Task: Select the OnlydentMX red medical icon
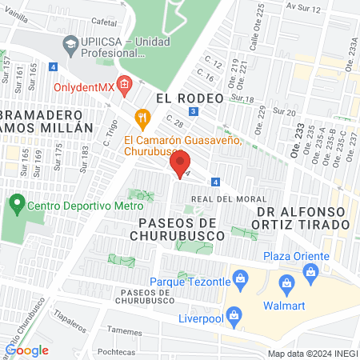(123, 82)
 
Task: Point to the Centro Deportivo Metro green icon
(17, 205)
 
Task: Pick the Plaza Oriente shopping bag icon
(310, 272)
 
